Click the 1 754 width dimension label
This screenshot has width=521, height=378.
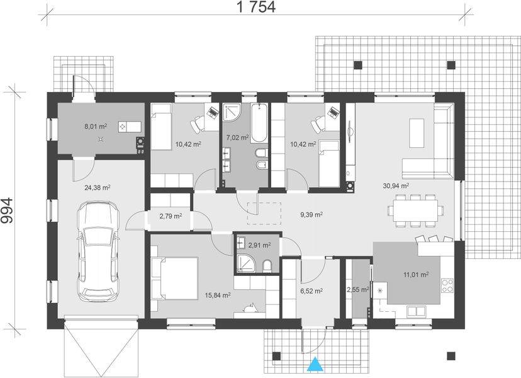click(x=256, y=7)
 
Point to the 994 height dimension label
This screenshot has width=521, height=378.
click(x=7, y=210)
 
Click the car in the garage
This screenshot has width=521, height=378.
click(x=98, y=251)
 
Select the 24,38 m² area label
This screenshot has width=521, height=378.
click(x=98, y=188)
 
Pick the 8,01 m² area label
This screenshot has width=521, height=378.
click(x=96, y=127)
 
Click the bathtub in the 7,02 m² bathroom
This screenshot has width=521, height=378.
click(x=259, y=123)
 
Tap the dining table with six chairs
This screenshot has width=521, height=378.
click(x=415, y=210)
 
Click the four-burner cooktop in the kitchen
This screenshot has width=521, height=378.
click(x=447, y=285)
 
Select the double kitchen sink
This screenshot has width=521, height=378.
click(x=417, y=311)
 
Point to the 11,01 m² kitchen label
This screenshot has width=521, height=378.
click(x=416, y=275)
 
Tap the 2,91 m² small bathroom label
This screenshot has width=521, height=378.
click(x=259, y=245)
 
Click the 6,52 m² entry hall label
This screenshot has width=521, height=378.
click(x=311, y=291)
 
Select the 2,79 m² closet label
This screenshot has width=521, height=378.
click(x=171, y=216)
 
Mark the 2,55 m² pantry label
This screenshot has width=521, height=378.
click(x=357, y=290)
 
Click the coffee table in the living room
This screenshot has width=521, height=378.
click(x=417, y=133)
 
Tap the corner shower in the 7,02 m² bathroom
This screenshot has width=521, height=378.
click(x=231, y=113)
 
